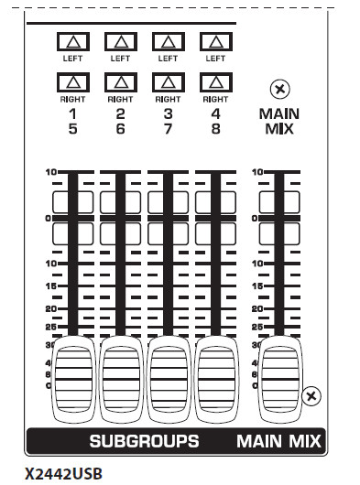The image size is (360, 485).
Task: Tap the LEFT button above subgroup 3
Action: [168, 41]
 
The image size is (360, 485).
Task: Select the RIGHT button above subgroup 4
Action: [215, 83]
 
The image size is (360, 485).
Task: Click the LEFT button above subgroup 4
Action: [215, 41]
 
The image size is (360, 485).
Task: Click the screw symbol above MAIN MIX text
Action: [278, 89]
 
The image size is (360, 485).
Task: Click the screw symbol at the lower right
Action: [312, 395]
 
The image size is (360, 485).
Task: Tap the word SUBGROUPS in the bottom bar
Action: [144, 441]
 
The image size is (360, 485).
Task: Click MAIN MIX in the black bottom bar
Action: [278, 441]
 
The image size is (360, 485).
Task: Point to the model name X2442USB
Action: [65, 474]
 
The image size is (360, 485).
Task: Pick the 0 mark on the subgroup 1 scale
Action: [48, 218]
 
